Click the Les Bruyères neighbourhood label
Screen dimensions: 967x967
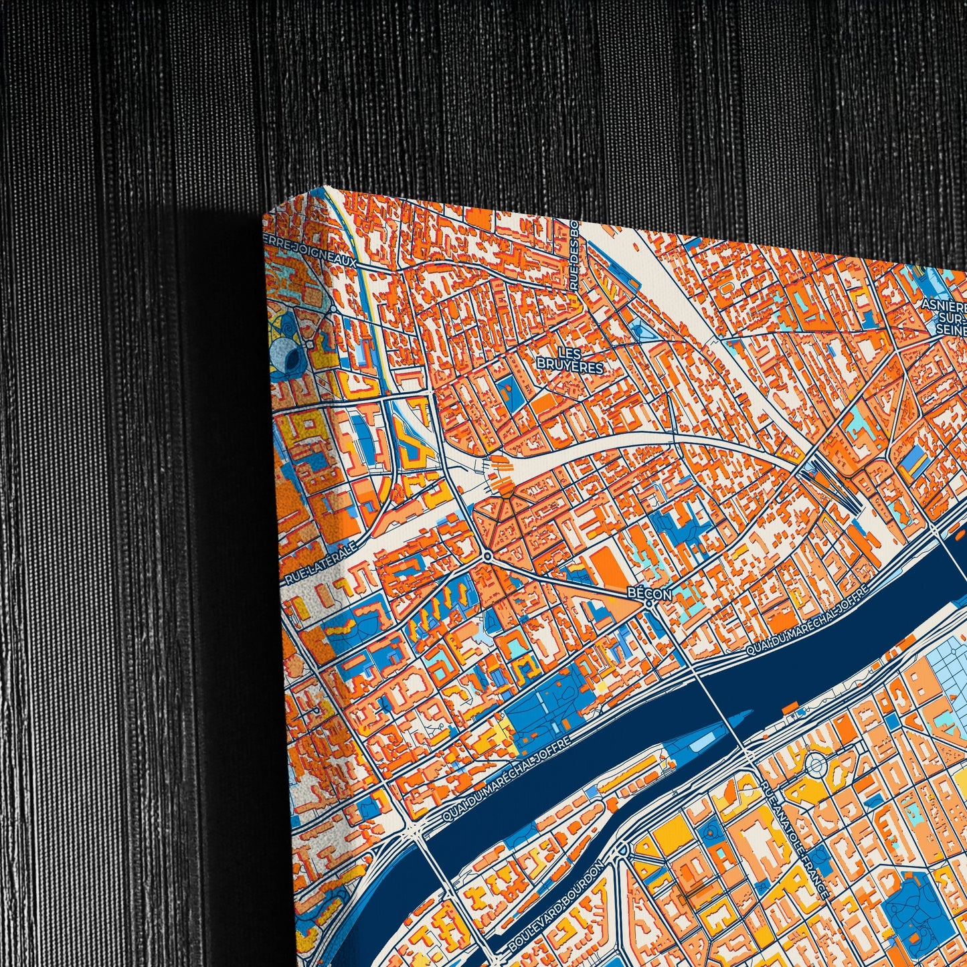click(570, 360)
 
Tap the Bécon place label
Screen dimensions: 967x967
click(648, 593)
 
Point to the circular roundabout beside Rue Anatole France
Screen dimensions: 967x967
click(815, 764)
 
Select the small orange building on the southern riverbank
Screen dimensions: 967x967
click(790, 707)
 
